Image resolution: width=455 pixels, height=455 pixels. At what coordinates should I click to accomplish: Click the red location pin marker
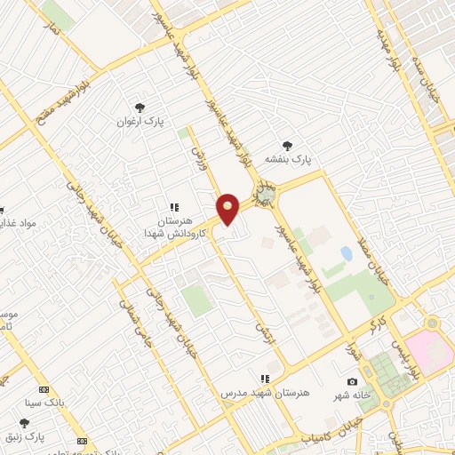[x=228, y=209]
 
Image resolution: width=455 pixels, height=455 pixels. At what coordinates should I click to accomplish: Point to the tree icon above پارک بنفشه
[x=286, y=145]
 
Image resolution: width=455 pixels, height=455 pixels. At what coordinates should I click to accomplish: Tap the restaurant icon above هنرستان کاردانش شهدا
[x=175, y=206]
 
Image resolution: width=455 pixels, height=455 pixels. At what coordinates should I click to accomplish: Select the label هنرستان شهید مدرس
[x=263, y=392]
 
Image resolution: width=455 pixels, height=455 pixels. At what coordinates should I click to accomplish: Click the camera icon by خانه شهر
[x=352, y=382]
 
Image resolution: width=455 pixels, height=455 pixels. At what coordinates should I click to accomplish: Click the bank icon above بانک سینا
[x=44, y=389]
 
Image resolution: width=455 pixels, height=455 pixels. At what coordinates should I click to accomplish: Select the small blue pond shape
[x=346, y=254]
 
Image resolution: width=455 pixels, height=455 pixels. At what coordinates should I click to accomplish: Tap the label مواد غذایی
[x=18, y=222]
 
